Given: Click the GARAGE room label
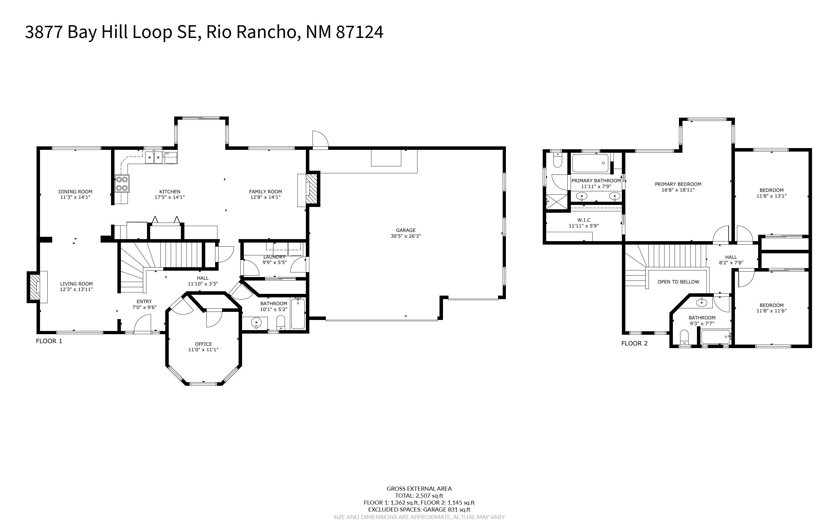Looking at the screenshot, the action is (x=406, y=230).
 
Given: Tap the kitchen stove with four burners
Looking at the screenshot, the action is (x=122, y=184).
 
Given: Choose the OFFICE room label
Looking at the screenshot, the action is (x=204, y=344).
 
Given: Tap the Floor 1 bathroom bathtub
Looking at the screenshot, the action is (x=298, y=314).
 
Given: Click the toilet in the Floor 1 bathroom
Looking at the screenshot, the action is (x=281, y=322).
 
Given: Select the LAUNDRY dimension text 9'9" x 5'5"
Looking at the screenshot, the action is (x=274, y=262).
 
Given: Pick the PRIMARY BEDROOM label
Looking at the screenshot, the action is (x=678, y=184).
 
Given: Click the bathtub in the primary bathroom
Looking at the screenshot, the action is (x=590, y=163).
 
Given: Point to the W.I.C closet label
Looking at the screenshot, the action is (x=584, y=220).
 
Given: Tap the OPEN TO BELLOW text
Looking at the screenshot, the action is (x=678, y=282).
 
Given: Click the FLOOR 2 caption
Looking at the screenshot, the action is (x=634, y=343).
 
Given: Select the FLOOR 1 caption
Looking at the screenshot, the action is (x=49, y=341).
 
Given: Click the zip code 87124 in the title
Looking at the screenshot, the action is (x=360, y=32).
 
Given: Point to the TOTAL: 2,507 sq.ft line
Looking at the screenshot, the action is (x=419, y=496).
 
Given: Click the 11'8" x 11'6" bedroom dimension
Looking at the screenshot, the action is (x=771, y=311).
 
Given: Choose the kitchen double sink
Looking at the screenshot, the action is (x=154, y=157).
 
